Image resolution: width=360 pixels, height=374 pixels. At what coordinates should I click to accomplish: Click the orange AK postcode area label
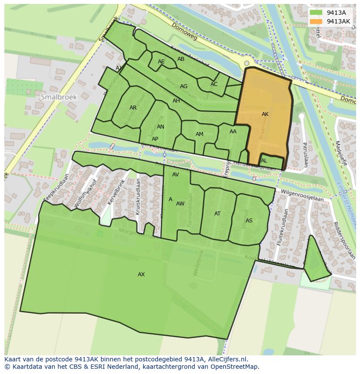[x=265, y=114]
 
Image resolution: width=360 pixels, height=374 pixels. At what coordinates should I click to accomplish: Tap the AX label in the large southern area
[x=141, y=275]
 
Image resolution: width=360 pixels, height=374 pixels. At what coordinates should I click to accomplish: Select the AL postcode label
[x=264, y=161]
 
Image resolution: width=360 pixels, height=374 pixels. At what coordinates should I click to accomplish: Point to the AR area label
[x=133, y=108]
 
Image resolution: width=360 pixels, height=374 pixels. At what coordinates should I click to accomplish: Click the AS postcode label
[x=249, y=221]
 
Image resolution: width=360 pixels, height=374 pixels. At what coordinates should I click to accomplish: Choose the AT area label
[x=217, y=214]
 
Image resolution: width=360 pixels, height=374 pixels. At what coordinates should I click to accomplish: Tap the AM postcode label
[x=199, y=134]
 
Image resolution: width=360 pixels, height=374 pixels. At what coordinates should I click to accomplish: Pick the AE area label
[x=161, y=62]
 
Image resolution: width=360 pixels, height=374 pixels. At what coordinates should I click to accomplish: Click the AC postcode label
[x=214, y=84]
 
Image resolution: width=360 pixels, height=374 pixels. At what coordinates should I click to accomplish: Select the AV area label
[x=176, y=175]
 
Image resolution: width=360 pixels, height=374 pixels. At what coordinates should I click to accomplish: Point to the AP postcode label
[x=155, y=139]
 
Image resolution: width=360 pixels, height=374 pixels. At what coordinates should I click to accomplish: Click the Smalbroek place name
[x=59, y=97]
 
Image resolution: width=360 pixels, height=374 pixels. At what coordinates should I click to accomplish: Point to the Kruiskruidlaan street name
[x=137, y=196]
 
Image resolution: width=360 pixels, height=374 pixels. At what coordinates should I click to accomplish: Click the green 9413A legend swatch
[x=317, y=13]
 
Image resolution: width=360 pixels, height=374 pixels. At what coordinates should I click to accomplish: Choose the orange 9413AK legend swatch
[x=317, y=21]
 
